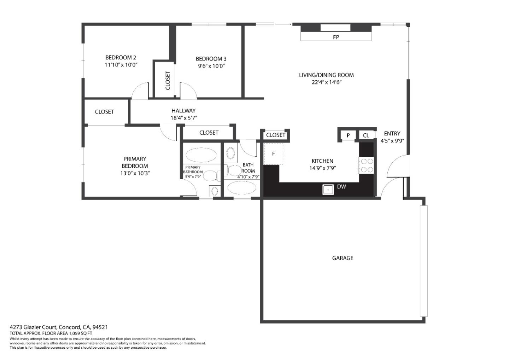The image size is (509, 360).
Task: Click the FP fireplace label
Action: [336, 37]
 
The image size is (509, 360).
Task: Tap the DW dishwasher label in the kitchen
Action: [341, 186]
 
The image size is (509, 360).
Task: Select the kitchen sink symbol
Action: [328, 190]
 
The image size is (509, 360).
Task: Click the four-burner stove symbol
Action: [367, 165]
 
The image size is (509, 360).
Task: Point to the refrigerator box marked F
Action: [273, 154]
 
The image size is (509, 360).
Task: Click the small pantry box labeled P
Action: [348, 135]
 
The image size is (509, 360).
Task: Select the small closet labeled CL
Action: [366, 135]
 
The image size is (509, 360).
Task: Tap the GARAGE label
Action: [343, 258]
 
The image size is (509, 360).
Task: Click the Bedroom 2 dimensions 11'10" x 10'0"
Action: [121, 65]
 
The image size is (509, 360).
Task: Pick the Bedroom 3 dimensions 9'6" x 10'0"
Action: [211, 66]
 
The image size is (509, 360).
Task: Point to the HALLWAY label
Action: [183, 111]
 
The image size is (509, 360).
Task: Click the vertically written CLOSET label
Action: [168, 80]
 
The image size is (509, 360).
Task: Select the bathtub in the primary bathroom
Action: [201, 155]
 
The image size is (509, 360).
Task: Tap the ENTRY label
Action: [392, 133]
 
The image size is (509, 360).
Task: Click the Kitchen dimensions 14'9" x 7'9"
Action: [322, 168]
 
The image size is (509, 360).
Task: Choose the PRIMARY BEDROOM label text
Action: [135, 162]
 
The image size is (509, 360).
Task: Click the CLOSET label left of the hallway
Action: [104, 112]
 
